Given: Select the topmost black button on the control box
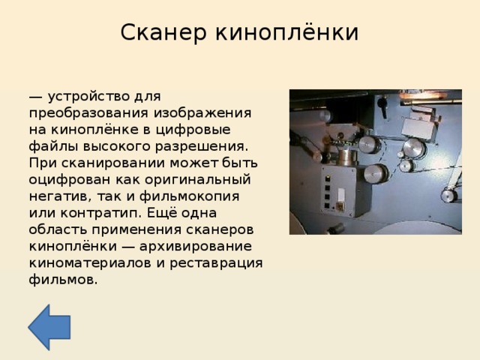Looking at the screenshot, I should tap(327, 178).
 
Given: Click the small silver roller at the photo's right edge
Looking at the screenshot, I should tap(448, 196).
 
